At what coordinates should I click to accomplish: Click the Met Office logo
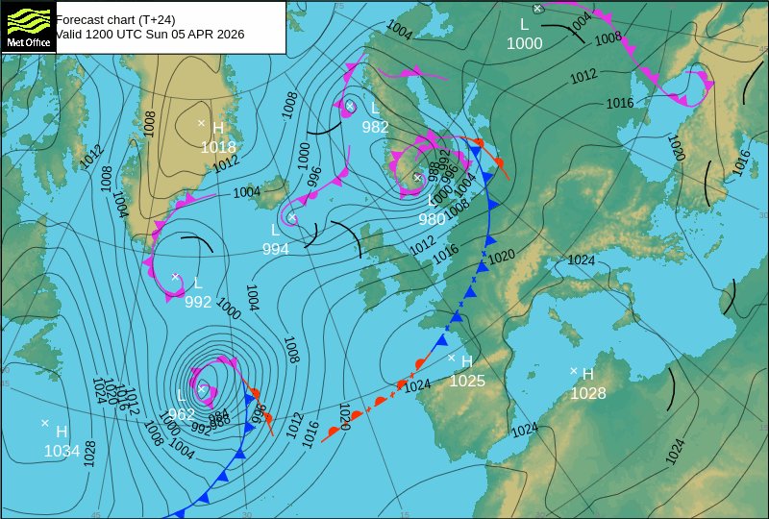point(27,26)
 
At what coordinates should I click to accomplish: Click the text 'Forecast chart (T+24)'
point(119,18)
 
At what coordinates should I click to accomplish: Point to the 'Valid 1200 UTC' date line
point(150,34)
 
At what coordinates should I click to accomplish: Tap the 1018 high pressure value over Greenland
point(218,147)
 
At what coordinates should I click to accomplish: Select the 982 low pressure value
point(375,127)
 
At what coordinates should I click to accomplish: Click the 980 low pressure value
point(433,218)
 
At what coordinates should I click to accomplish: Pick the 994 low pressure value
point(276,248)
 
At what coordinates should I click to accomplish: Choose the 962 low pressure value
point(181,414)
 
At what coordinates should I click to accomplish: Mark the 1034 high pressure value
point(62,450)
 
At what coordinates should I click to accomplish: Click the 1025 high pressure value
point(467,381)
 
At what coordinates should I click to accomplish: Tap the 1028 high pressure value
point(588,393)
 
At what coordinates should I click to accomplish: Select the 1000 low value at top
point(525,43)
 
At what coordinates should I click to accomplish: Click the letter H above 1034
point(62,432)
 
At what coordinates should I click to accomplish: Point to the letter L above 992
point(198,284)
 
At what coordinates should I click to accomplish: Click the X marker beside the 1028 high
point(574,371)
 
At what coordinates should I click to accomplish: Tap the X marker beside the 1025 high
point(452,358)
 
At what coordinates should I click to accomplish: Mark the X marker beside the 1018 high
point(202,123)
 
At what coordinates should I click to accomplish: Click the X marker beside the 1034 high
point(45,423)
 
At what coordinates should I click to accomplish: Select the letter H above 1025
point(467,362)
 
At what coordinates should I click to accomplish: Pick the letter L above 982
point(376,109)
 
